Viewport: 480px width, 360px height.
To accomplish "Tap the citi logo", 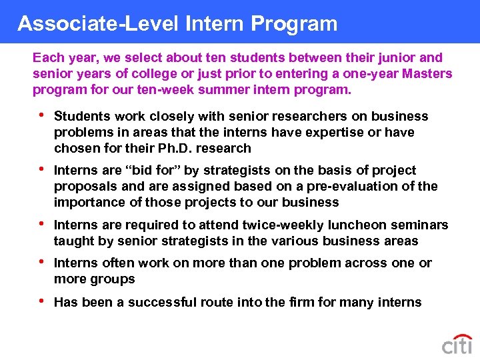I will tap(457, 344).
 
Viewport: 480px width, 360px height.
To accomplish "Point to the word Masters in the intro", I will tap(427, 73).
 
